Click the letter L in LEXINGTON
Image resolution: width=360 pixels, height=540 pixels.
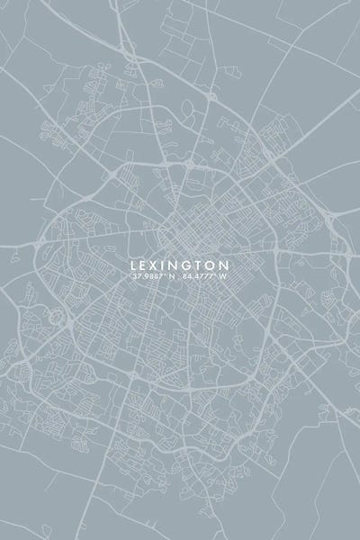click(x=134, y=265)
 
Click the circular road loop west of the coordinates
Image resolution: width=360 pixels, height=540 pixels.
click(x=58, y=316)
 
